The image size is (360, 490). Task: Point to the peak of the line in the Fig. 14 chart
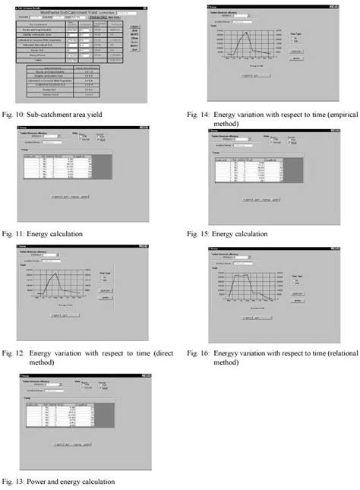pyautogui.click(x=245, y=33)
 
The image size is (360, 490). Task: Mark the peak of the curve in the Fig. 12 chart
pyautogui.click(x=58, y=274)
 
